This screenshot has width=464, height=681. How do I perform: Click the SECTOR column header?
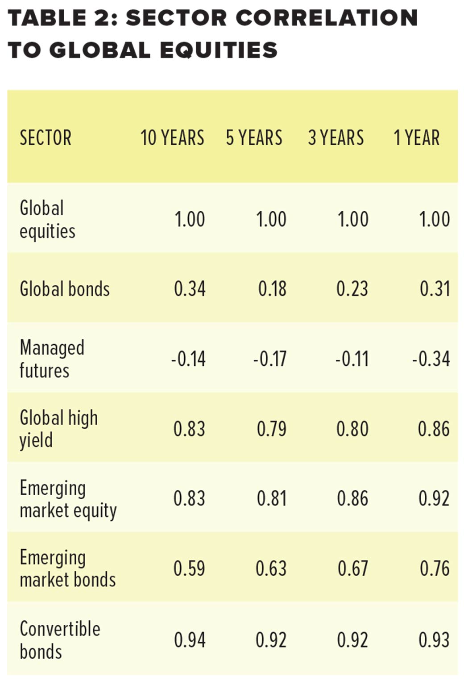click(46, 138)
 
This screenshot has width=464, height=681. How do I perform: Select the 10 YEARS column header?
click(172, 138)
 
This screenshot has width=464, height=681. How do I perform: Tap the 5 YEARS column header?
click(254, 138)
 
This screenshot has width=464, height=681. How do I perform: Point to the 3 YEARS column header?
click(336, 138)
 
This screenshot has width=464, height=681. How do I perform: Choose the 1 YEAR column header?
click(416, 138)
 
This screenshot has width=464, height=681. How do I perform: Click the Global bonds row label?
click(65, 289)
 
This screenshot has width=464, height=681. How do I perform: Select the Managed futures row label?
click(52, 359)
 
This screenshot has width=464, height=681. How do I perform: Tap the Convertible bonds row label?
click(60, 639)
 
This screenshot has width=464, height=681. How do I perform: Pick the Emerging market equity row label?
click(68, 499)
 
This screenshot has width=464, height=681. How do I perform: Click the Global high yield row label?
click(58, 429)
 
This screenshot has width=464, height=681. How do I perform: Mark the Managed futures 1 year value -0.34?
click(431, 359)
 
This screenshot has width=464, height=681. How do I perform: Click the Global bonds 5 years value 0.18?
click(272, 289)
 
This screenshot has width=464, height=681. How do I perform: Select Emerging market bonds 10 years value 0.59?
click(189, 568)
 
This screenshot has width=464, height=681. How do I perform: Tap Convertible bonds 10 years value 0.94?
click(189, 640)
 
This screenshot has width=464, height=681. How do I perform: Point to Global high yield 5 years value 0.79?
click(271, 429)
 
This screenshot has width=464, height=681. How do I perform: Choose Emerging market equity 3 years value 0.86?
click(352, 499)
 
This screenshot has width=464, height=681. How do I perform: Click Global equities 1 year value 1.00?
click(434, 219)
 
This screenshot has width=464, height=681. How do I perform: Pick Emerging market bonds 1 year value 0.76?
click(434, 568)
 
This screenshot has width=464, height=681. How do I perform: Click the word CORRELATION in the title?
click(327, 18)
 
